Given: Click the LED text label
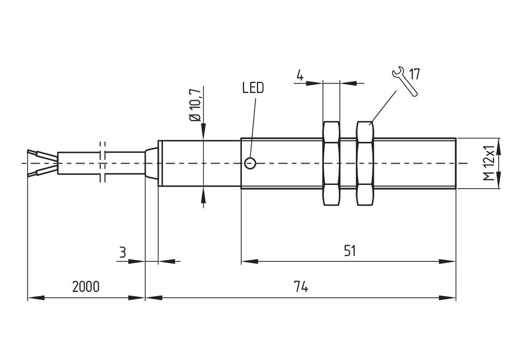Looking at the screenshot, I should point(253,88).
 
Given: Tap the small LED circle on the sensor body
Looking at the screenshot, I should point(250,164).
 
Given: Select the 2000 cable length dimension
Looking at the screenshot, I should point(86,287).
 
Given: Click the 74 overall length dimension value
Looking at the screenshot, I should point(301,287).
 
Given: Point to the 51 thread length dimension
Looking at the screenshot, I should point(350,251).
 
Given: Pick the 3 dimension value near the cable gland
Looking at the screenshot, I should point(122,252).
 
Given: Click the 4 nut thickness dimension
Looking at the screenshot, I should point(300,75).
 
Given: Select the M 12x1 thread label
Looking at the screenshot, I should point(488,163).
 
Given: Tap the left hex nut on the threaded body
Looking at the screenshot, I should point(331,163).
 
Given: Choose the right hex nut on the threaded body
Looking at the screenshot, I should point(365,163).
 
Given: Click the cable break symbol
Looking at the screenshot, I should point(102,162).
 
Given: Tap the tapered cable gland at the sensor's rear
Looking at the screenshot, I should point(151,163).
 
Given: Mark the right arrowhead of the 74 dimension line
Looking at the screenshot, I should point(448,298).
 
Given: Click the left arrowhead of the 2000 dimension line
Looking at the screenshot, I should point(34,298).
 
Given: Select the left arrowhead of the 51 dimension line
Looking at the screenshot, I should point(249,262).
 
